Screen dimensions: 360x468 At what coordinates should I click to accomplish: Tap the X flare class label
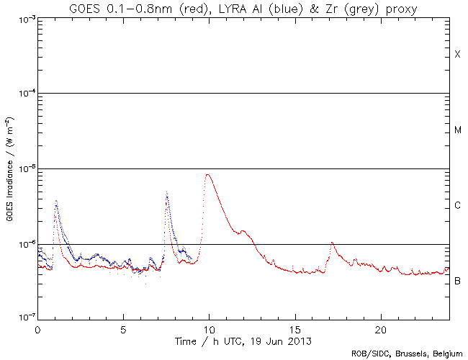457,55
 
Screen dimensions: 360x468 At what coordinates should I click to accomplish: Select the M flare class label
457,130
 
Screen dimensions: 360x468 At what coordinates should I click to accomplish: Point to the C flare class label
457,206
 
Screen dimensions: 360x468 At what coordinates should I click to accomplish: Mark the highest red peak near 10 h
208,174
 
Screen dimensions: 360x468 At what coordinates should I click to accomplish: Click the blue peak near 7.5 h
167,192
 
